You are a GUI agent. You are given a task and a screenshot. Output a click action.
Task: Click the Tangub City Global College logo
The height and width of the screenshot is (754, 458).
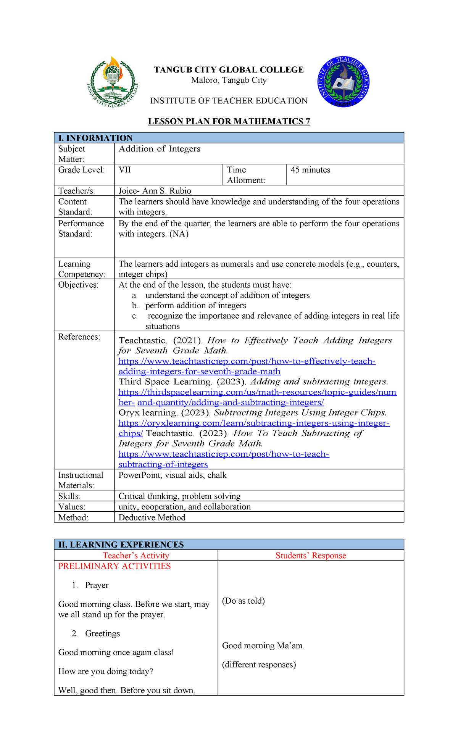point(112,82)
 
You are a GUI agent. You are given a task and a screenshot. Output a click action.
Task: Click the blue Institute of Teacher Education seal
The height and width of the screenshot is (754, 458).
point(343,82)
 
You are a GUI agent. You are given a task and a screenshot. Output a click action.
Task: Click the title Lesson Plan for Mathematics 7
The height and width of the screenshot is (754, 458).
point(229,121)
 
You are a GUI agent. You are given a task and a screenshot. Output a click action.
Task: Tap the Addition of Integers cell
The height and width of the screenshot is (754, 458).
point(160,149)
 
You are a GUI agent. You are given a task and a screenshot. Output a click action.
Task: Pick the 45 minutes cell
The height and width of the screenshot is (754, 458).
point(310,170)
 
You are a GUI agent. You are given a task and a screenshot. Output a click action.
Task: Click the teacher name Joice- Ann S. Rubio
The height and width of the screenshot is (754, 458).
point(155,191)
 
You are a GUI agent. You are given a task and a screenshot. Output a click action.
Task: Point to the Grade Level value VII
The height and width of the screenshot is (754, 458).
point(125,170)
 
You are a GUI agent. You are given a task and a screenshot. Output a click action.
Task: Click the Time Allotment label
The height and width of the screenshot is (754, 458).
point(246,175)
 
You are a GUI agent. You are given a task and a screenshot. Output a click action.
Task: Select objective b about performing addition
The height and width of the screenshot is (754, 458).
point(195,306)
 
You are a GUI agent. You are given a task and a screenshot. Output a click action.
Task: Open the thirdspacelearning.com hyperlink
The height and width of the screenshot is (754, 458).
point(257,392)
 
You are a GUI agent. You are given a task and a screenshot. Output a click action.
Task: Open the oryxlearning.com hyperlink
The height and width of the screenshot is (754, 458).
point(254,423)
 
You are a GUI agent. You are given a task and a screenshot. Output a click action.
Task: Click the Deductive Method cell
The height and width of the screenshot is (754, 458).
point(152,517)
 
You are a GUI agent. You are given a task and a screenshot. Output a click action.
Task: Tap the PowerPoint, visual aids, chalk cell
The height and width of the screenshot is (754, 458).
point(173,475)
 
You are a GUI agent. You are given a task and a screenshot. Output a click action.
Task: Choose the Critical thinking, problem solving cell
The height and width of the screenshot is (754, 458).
point(179,496)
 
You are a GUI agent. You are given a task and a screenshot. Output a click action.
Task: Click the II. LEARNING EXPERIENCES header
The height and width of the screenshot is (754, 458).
point(121,545)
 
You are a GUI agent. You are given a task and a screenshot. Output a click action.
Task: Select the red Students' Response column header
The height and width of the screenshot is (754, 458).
point(311,556)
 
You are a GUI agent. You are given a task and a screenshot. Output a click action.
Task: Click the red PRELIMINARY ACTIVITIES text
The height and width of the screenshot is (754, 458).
point(114,566)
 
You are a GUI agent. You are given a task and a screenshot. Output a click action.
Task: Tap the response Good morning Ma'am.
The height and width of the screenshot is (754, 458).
point(263,646)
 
